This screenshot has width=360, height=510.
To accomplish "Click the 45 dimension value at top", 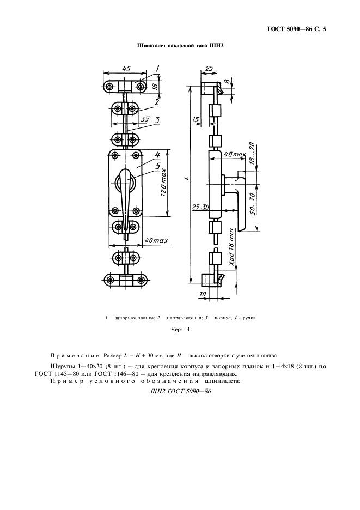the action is [x=126, y=69].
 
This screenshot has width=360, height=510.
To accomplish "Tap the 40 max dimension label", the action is [x=156, y=241].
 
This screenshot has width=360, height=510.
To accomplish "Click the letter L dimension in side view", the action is [x=186, y=178].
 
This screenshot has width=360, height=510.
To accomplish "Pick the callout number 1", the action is [x=157, y=68].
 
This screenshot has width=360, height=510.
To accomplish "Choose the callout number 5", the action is [x=157, y=166].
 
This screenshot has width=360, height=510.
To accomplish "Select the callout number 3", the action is [x=157, y=120].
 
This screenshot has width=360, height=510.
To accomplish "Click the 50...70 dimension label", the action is [x=252, y=203].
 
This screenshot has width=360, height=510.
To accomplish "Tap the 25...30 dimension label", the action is [x=200, y=207].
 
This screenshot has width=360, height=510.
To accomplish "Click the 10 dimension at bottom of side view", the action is [x=204, y=294].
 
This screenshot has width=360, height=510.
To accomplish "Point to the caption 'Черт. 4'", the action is [x=180, y=330].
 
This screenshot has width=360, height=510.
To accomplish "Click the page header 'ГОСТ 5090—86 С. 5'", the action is [x=296, y=29].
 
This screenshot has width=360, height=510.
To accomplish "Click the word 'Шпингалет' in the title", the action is [x=151, y=46].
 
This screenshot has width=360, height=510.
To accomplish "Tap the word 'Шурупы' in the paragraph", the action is [x=61, y=367].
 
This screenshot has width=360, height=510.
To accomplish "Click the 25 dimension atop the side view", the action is [x=210, y=68].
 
